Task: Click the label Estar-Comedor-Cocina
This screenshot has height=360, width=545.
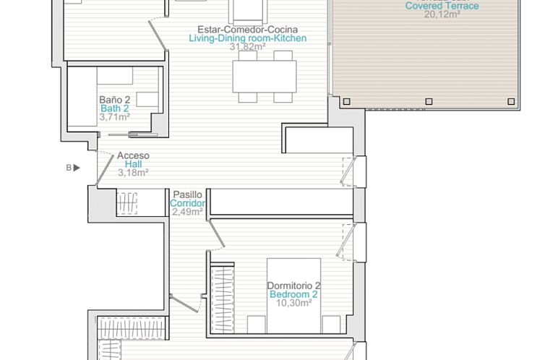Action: [x=248, y=29]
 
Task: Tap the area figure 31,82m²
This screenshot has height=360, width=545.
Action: [x=248, y=47]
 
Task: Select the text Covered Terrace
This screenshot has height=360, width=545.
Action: [x=442, y=6]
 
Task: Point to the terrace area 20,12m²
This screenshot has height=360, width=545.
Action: [x=442, y=14]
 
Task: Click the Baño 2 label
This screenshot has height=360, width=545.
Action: [x=114, y=100]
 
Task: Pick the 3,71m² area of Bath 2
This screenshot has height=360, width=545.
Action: [x=114, y=117]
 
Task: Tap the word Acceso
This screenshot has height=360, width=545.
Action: [x=133, y=155]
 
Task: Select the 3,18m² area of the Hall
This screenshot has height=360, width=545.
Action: [x=133, y=172]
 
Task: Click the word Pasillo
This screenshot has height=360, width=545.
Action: [x=187, y=194]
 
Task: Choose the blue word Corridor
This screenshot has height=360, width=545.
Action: [x=187, y=203]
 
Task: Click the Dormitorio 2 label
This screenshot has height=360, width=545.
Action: [x=293, y=286]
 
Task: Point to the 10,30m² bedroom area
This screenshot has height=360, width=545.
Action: [x=293, y=304]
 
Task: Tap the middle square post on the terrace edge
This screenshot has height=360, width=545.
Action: [x=429, y=101]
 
